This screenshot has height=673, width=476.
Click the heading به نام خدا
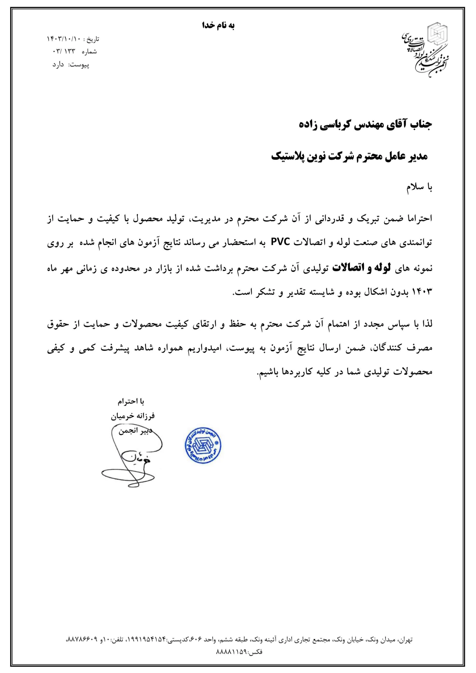pyautogui.click(x=219, y=26)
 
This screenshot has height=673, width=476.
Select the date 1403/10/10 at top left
pyautogui.click(x=63, y=39)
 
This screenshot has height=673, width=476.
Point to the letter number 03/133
pyautogui.click(x=64, y=52)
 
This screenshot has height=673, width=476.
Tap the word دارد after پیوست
pyautogui.click(x=58, y=65)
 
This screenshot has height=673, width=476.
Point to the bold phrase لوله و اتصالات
pyautogui.click(x=362, y=268)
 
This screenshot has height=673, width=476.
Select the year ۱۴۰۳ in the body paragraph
pyautogui.click(x=422, y=292)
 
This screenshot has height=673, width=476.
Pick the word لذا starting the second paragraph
pyautogui.click(x=427, y=324)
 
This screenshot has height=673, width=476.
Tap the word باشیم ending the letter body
pyautogui.click(x=268, y=372)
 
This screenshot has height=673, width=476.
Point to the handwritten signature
pyautogui.click(x=132, y=457)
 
